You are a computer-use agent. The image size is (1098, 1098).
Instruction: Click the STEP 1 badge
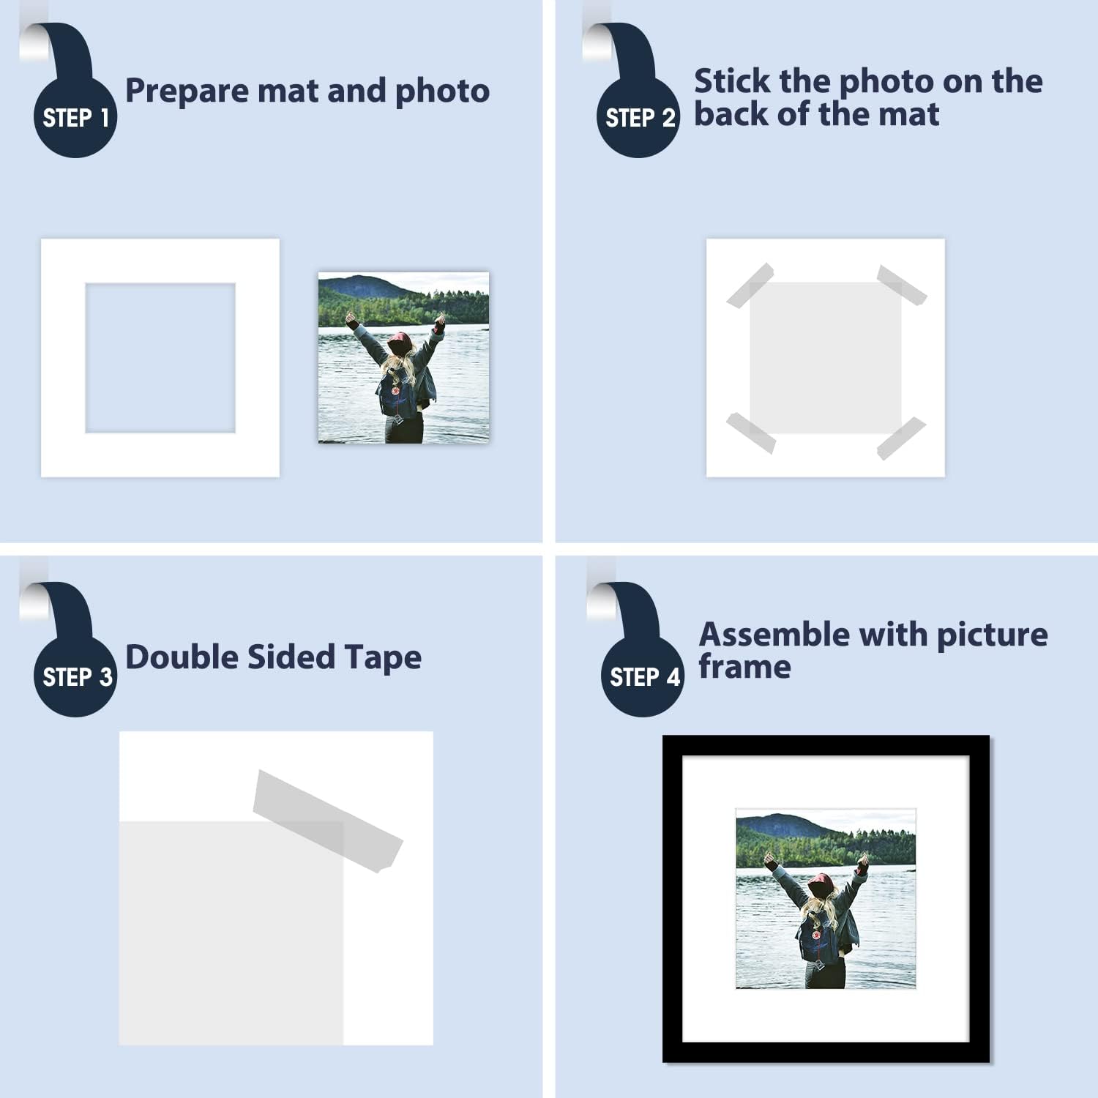pos(75,117)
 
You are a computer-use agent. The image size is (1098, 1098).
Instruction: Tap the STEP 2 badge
pos(638,117)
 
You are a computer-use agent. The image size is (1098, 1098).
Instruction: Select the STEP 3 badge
pos(75,676)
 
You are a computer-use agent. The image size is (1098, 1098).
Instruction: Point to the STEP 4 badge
pos(643,676)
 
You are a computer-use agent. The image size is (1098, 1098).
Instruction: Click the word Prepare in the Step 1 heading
pos(187,91)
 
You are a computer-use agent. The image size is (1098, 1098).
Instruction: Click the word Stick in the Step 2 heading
pos(733,81)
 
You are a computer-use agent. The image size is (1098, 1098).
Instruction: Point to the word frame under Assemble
pos(744,667)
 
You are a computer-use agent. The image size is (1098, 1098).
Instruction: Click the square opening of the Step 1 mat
pos(160,358)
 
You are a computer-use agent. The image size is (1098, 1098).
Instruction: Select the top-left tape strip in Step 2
pos(750,285)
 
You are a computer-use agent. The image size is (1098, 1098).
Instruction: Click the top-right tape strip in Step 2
pos(902,285)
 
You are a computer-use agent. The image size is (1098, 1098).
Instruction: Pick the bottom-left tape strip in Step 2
pos(750,433)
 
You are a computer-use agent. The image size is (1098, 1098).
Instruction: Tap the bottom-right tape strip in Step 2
pos(902,438)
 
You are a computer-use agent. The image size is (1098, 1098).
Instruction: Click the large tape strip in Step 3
pos(327,821)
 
